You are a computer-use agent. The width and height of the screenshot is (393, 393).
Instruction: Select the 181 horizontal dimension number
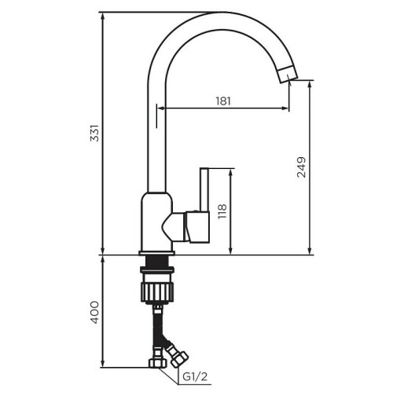click(x=223, y=100)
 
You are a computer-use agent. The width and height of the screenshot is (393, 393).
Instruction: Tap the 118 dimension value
click(x=222, y=211)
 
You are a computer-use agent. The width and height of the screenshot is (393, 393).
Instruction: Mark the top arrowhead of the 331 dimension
click(x=104, y=14)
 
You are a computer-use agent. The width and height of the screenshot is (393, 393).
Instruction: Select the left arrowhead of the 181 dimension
click(x=160, y=108)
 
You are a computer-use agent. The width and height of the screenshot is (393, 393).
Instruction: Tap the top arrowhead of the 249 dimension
click(x=310, y=82)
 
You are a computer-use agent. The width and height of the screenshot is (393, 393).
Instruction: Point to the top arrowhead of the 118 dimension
click(x=230, y=171)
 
